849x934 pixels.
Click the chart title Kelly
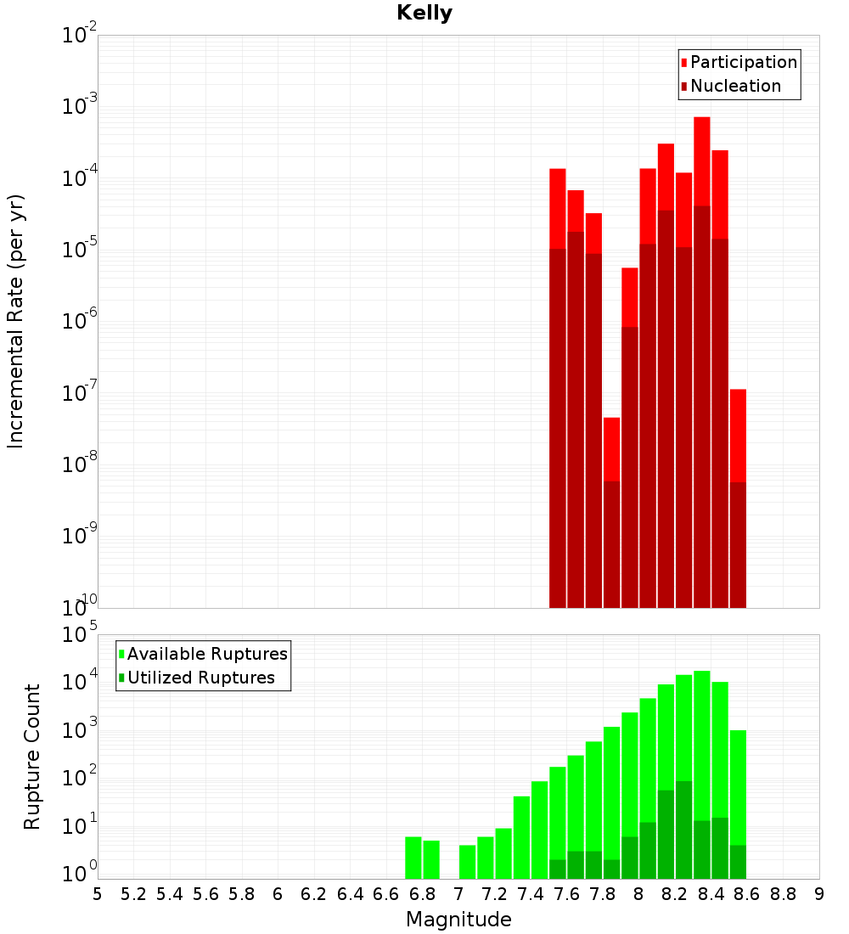pos(424,14)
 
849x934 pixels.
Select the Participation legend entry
pos(743,62)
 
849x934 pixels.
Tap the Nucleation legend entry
pos(734,86)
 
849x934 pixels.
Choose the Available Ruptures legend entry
pos(206,654)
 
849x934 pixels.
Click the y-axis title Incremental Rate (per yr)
pos(15,321)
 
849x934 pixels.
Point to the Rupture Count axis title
pos(31,757)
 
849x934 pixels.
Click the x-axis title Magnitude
pos(458,919)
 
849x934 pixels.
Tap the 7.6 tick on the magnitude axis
pos(567,894)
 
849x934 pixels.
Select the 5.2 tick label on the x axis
pos(134,894)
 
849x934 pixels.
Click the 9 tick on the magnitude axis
pos(819,894)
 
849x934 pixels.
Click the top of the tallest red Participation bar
pos(702,118)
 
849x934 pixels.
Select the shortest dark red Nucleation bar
pos(738,543)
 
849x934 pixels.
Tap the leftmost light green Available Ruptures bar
pos(413,858)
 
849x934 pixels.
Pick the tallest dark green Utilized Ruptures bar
pos(684,828)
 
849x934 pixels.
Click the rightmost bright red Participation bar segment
pos(738,435)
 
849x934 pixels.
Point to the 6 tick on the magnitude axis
pos(278,894)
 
